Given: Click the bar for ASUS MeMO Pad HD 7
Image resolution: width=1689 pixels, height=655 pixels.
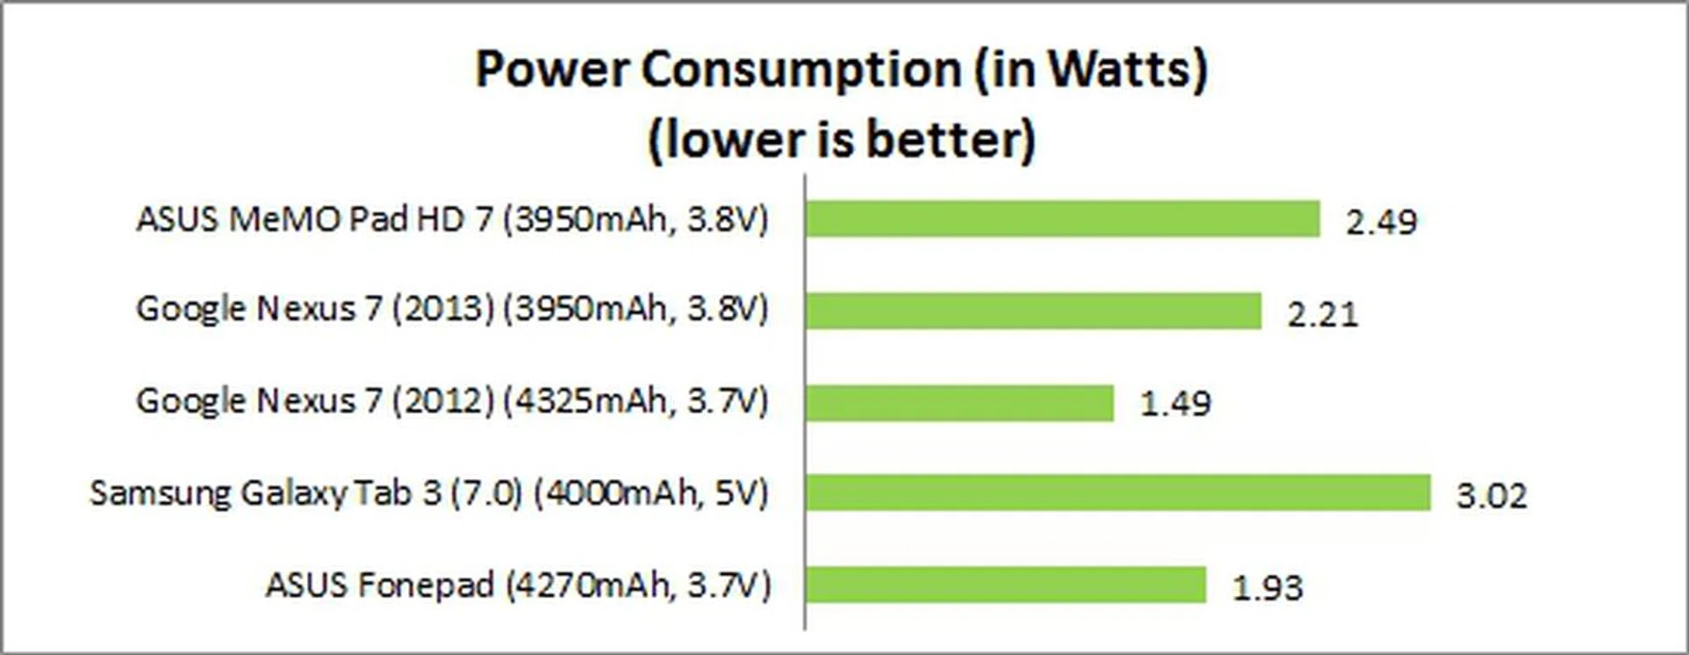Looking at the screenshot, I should click(1063, 219).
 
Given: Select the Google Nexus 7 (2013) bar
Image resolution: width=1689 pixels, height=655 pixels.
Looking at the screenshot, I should click(1034, 311).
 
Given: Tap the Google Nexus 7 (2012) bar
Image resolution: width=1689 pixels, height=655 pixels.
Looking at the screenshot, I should click(960, 403).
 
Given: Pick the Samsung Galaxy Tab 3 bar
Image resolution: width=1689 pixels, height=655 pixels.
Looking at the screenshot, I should click(1118, 493).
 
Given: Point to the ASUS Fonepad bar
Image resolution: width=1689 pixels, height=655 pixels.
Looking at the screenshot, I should click(1005, 585).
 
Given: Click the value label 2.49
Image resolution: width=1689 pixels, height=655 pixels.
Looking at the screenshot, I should click(1381, 222).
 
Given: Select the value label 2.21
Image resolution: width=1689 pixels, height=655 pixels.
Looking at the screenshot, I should click(1322, 314).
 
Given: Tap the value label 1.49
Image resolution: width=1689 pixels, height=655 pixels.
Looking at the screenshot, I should click(1175, 404).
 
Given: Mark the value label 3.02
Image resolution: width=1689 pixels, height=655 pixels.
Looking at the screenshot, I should click(1491, 496).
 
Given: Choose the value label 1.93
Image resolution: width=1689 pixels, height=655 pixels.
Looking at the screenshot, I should click(1267, 587).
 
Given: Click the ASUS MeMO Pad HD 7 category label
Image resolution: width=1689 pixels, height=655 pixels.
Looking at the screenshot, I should click(452, 219).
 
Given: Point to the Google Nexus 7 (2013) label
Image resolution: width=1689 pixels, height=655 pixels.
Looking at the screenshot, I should click(452, 309).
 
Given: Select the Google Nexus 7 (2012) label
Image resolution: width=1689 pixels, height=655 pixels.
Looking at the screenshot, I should click(452, 401).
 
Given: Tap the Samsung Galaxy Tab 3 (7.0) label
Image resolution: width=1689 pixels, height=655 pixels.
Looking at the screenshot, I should click(429, 493).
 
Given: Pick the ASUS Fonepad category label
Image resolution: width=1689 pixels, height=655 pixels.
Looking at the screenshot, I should click(518, 585).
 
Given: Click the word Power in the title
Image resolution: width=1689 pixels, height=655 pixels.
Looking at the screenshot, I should click(551, 70).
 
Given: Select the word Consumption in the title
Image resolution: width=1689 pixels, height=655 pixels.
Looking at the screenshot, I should click(801, 70).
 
